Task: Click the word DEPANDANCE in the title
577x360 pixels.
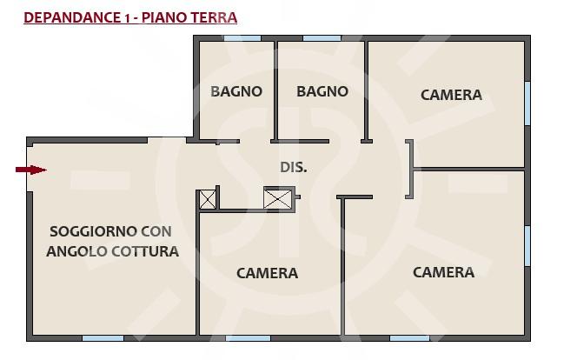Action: coord(71,17)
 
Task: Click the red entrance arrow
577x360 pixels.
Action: coord(31,170)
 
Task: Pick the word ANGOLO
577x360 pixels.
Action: coord(77,251)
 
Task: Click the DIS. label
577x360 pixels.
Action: coord(294,168)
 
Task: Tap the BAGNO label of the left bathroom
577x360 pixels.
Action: coord(236,91)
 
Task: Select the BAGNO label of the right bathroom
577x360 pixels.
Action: coord(322,91)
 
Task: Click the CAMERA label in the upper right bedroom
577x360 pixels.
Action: coord(451,95)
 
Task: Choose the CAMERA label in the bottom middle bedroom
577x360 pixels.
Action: coord(267,273)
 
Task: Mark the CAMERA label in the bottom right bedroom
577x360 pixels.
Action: coord(443,272)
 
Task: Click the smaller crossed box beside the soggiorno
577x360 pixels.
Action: coord(207,200)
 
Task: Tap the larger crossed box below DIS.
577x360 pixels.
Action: coord(277,199)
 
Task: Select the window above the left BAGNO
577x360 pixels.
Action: coord(242,38)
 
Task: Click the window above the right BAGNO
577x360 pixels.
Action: coord(322,38)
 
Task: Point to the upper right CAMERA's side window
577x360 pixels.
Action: coord(527,103)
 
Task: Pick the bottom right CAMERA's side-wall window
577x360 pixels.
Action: coord(527,245)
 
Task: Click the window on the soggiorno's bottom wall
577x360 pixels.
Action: coord(103,338)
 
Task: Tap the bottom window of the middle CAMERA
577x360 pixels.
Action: coord(248,338)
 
